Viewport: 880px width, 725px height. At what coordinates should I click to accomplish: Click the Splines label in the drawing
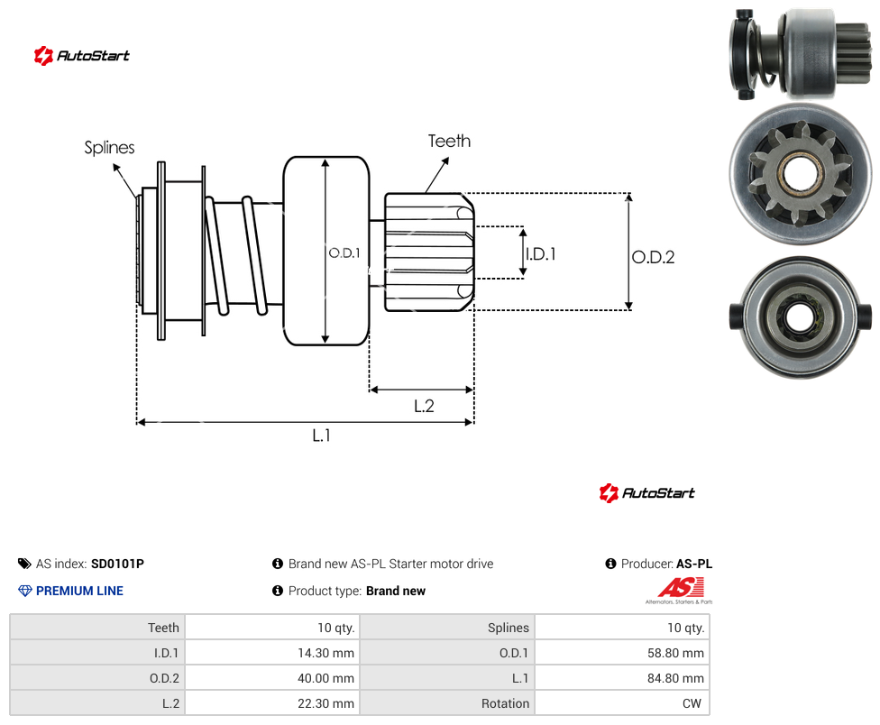[x=109, y=148]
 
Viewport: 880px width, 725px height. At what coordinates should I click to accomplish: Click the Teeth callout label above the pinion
[x=449, y=141]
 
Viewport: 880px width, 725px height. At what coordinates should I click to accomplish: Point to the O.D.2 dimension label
[x=654, y=257]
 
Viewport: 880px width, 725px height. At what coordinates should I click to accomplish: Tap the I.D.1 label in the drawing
[x=540, y=254]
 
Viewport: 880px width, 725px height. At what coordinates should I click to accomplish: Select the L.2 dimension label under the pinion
[x=424, y=406]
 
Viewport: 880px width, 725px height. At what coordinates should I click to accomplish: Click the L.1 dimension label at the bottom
[x=322, y=435]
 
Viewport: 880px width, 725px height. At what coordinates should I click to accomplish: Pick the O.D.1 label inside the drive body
[x=344, y=253]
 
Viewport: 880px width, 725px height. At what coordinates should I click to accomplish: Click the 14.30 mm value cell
[x=325, y=653]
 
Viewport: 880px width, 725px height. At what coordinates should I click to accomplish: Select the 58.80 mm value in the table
[x=675, y=653]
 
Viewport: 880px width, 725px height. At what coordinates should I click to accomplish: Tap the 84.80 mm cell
[x=675, y=678]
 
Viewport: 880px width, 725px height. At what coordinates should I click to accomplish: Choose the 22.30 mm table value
[x=325, y=703]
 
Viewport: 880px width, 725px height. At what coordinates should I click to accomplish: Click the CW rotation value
[x=692, y=703]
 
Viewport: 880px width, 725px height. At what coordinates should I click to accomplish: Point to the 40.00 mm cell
[x=325, y=678]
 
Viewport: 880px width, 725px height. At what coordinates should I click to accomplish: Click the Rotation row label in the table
[x=505, y=703]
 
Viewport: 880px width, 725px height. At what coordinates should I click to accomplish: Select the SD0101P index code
[x=117, y=564]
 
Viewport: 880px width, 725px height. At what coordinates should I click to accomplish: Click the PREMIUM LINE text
[x=79, y=591]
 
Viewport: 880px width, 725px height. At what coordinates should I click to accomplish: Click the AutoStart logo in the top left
[x=82, y=56]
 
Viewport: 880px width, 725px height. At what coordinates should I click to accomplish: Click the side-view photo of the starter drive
[x=801, y=54]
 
